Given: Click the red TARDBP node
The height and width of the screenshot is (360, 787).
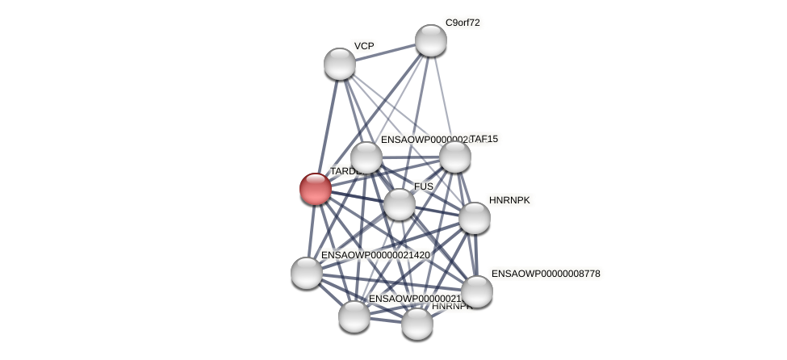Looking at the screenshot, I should (x=316, y=189).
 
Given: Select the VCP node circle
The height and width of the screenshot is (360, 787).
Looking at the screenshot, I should (x=340, y=64).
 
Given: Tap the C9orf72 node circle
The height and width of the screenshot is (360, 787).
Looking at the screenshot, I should (x=431, y=40).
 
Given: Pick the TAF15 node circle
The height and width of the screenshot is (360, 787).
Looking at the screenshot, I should (x=454, y=157).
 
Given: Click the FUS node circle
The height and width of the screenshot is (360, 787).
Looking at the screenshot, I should (x=399, y=204).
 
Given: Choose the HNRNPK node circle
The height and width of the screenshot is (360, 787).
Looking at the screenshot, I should (x=475, y=218).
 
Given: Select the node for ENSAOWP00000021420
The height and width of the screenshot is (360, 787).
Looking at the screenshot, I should (x=307, y=273).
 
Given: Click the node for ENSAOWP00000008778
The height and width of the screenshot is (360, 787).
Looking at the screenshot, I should (x=477, y=291).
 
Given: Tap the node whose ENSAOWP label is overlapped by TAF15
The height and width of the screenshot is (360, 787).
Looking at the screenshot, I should (x=366, y=157).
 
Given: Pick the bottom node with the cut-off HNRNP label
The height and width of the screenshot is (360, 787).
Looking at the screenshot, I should (x=417, y=324).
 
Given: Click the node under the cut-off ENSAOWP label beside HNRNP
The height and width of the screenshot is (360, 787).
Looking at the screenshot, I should (x=354, y=316).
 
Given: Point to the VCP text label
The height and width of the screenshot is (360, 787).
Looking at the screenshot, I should (x=364, y=46).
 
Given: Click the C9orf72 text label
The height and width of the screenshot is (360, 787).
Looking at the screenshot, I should (x=463, y=23).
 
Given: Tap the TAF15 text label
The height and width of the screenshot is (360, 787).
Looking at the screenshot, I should (x=484, y=139).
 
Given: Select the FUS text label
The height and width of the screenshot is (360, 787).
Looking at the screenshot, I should (x=424, y=186).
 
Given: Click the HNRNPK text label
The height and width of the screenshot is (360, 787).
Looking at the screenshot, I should (x=509, y=200).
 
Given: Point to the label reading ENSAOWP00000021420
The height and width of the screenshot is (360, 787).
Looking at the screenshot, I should (x=375, y=255).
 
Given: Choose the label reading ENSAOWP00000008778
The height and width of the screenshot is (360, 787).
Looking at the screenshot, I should (x=546, y=274).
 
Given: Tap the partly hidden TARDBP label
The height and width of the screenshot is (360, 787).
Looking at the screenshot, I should (x=343, y=171).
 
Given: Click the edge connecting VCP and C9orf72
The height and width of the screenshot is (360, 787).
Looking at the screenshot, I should (x=385, y=52).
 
